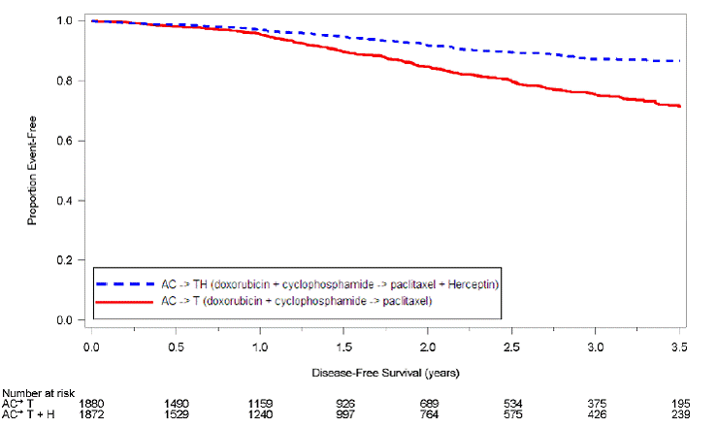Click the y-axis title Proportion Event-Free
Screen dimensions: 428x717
[x=32, y=170]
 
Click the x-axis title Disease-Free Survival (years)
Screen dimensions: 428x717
[x=385, y=373]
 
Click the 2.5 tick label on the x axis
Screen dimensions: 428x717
[x=511, y=346]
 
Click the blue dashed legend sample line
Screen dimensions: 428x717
[x=124, y=283]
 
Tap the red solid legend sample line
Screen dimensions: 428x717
[x=124, y=302]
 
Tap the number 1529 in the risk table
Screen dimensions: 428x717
[x=175, y=415]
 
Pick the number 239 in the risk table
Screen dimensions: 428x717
[x=679, y=415]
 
